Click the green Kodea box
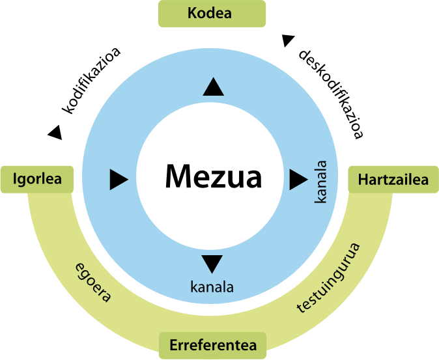click(x=212, y=13)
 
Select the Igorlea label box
click(x=37, y=180)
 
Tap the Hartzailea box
click(x=393, y=180)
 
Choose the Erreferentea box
click(x=213, y=345)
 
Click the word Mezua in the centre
click(x=213, y=176)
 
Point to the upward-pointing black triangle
click(x=213, y=87)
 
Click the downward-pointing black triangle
click(x=213, y=264)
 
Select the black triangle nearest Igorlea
click(x=119, y=179)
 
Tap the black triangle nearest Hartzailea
click(x=298, y=178)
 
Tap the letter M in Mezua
click(x=178, y=176)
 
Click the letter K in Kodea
click(x=192, y=13)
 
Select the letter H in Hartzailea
click(x=363, y=180)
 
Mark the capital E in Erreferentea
click(x=174, y=345)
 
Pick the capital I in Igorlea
click(x=15, y=180)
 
